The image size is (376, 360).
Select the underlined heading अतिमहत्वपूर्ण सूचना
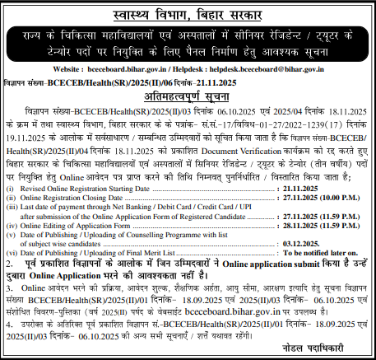tap(188, 97)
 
